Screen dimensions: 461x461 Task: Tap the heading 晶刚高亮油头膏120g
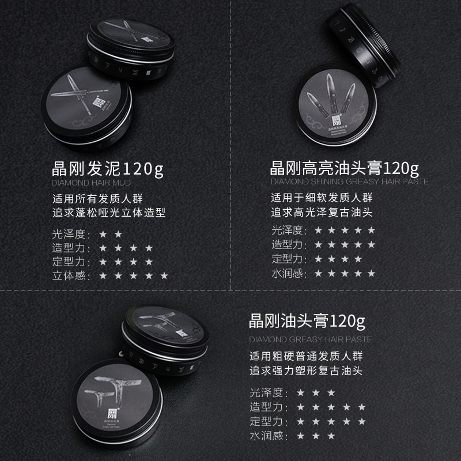[345, 169]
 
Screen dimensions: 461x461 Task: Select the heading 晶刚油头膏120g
[307, 320]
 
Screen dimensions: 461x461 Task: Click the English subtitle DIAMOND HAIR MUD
[91, 182]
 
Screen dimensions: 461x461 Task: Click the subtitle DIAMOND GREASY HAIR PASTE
[311, 339]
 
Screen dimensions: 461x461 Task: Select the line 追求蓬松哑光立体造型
[108, 213]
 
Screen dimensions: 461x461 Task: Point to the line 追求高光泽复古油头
[322, 213]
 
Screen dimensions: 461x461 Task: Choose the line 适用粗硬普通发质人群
[306, 356]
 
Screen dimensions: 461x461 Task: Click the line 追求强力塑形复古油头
[306, 371]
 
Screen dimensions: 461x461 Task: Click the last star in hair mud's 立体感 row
[164, 276]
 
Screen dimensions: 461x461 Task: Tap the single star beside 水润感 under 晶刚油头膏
[300, 435]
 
